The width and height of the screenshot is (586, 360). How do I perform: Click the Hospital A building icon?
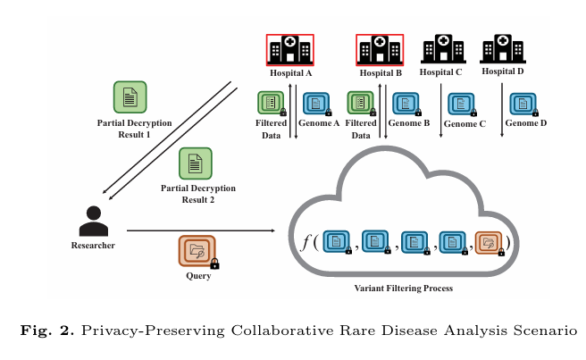pos(290,50)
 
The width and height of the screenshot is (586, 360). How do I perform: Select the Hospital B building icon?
pos(380,50)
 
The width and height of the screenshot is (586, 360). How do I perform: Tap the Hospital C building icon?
pos(443,48)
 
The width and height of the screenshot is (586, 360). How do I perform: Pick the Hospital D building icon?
pos(503,48)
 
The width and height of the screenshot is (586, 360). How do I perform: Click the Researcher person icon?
pos(94,222)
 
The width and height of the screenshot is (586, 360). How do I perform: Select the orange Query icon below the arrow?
pos(197,251)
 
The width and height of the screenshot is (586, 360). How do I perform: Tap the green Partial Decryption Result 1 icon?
pos(130,97)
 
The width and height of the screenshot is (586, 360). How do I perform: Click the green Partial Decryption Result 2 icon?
pos(195,163)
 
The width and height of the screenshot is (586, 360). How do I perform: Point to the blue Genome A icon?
pos(316,104)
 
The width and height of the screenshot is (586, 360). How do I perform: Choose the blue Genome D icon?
pos(523,104)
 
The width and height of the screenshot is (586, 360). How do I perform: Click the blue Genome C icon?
pos(461,104)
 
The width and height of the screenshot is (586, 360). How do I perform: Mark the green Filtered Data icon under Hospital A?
pos(271,103)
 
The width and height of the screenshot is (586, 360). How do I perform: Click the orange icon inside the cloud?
pos(489,243)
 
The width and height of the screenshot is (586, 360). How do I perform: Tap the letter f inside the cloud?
pos(306,243)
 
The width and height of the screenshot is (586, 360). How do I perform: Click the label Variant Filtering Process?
pos(404,289)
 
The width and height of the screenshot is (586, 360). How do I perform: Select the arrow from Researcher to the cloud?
pos(201,230)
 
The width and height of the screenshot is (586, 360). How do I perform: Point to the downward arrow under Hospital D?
pos(502,110)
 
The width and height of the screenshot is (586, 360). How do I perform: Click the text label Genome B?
pos(409,123)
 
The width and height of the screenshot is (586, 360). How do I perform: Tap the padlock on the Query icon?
pos(214,264)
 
